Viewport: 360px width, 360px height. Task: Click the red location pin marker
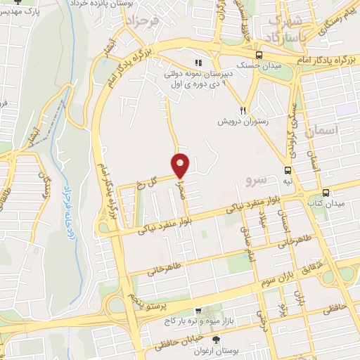point(181,166)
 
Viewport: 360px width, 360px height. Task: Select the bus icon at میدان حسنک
point(259,55)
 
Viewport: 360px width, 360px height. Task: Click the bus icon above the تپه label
point(288,170)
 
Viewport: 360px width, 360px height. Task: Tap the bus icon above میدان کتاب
point(325,193)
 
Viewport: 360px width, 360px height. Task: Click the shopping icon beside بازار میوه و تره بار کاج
point(200,310)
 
